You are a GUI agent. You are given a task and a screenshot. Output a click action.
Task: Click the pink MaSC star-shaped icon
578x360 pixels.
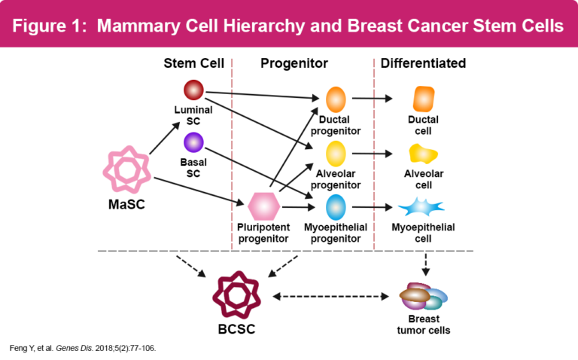pyautogui.click(x=121, y=170)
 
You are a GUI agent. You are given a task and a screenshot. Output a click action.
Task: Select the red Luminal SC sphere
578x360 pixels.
pyautogui.click(x=193, y=90)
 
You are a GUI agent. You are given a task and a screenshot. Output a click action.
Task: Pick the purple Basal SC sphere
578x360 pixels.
pyautogui.click(x=193, y=142)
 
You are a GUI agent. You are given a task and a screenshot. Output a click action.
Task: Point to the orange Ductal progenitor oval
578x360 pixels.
pyautogui.click(x=336, y=99)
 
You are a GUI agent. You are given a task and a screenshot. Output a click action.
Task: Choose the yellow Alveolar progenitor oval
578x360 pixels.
pyautogui.click(x=336, y=154)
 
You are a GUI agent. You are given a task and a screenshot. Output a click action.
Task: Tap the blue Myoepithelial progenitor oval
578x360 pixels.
pyautogui.click(x=336, y=206)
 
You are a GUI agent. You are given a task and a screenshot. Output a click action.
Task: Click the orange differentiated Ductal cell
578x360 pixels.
pyautogui.click(x=424, y=99)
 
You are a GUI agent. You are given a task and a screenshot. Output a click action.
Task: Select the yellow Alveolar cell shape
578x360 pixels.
pyautogui.click(x=423, y=154)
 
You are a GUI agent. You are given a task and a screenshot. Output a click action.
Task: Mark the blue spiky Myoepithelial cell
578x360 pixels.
pyautogui.click(x=421, y=206)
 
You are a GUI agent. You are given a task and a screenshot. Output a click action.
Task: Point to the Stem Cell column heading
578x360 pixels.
pyautogui.click(x=193, y=63)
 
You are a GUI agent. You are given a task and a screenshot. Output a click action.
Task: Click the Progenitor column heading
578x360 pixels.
pyautogui.click(x=294, y=63)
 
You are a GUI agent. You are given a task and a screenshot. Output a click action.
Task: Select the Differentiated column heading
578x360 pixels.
pyautogui.click(x=423, y=63)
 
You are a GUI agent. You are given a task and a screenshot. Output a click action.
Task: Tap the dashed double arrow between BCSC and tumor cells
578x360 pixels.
pyautogui.click(x=330, y=297)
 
